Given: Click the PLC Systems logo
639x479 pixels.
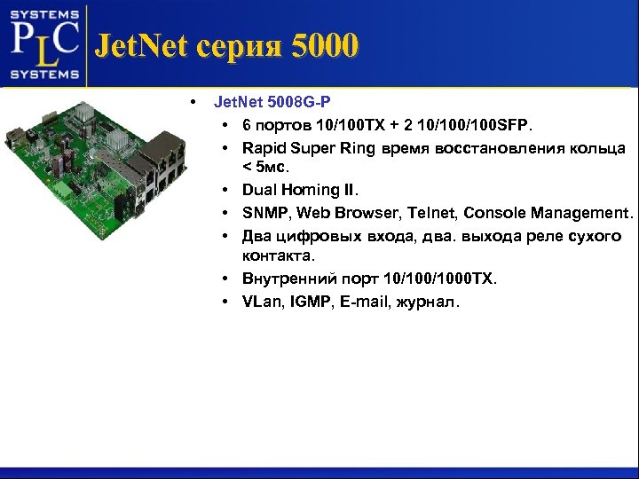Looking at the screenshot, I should click(x=44, y=44).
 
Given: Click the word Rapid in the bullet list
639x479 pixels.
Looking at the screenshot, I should click(x=264, y=147).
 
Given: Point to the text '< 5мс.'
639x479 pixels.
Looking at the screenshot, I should click(x=265, y=167).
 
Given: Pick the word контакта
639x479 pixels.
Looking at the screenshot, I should click(x=278, y=255).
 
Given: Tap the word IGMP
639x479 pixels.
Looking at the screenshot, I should click(x=312, y=302).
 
